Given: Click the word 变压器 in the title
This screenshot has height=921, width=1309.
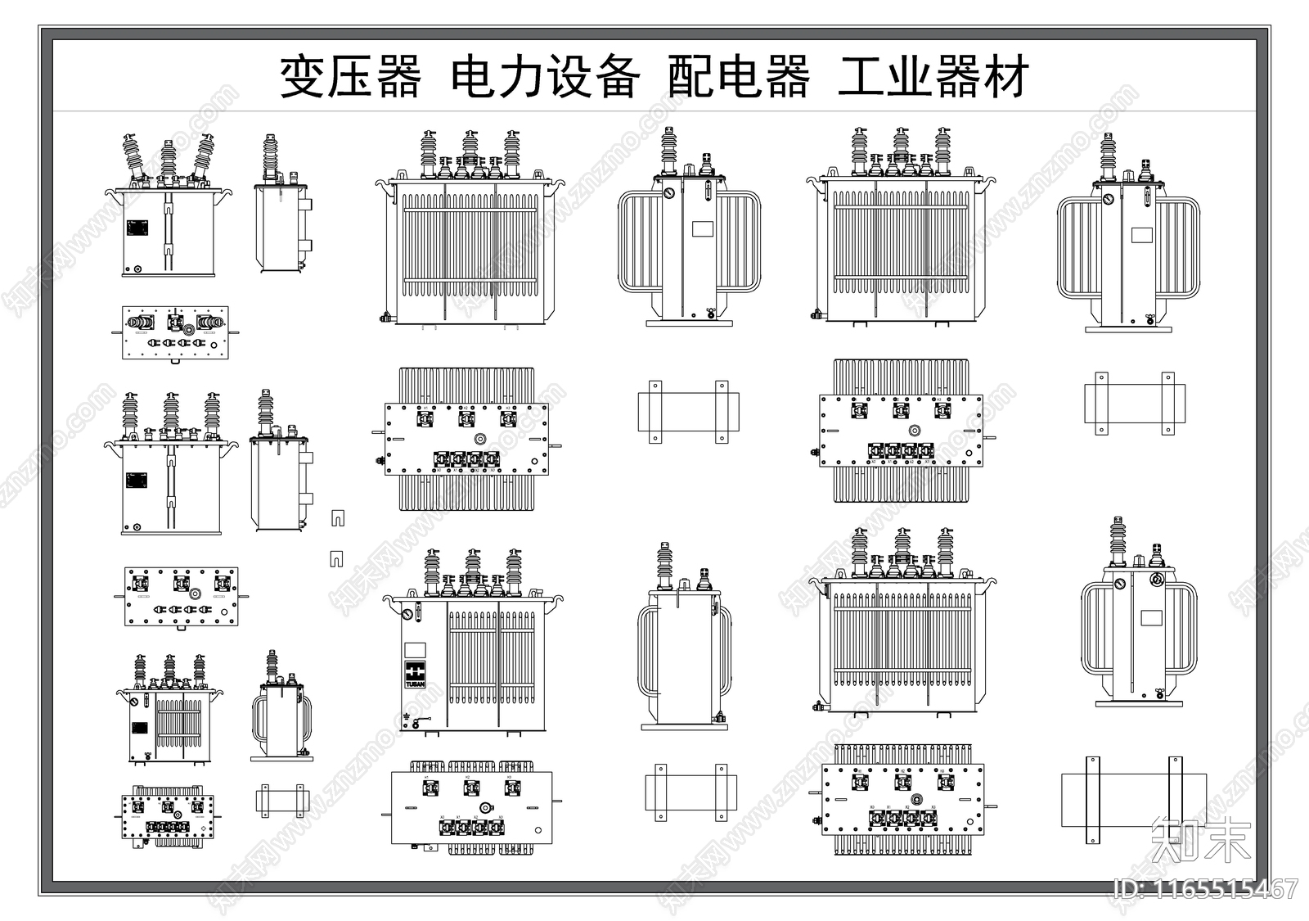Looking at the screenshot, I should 350,78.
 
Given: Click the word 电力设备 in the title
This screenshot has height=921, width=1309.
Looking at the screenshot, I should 546,78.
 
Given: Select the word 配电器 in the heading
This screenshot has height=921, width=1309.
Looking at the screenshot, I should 738,78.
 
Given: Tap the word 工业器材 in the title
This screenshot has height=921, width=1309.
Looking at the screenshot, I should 933,78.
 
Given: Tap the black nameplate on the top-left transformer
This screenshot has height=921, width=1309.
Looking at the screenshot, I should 137,228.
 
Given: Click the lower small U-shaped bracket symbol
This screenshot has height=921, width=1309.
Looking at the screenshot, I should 336,559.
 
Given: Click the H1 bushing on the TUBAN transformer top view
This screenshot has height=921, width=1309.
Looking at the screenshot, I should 428,788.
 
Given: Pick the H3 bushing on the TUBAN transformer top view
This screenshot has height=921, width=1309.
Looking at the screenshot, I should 512,788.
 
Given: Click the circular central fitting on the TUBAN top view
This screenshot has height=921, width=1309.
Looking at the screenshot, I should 484,808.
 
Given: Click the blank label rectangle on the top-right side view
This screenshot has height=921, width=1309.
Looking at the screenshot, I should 1142,235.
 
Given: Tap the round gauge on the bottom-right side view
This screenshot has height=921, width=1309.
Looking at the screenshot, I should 1157,580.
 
